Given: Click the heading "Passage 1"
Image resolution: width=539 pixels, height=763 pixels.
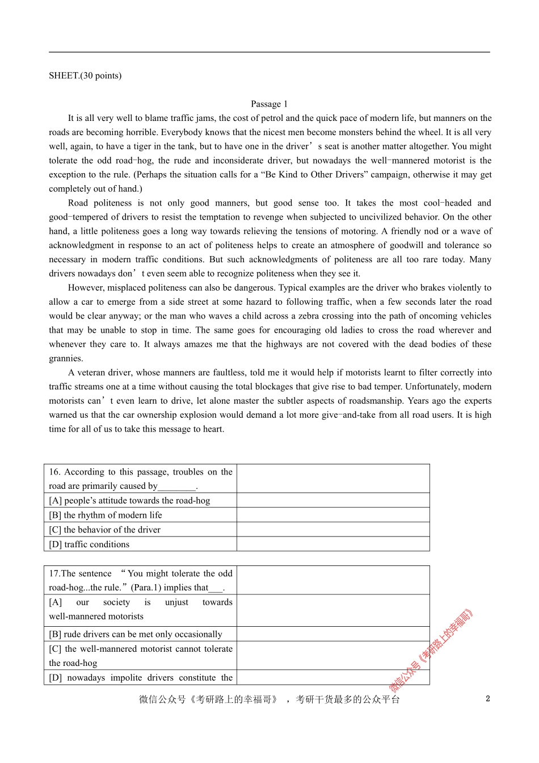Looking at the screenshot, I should pos(269,104).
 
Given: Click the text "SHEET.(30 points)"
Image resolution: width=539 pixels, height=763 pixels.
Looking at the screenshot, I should pos(85,76).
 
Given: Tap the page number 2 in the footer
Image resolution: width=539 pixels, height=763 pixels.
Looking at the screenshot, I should pos(487,699).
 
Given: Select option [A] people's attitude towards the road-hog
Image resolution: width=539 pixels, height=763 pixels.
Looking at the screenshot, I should pos(129,501).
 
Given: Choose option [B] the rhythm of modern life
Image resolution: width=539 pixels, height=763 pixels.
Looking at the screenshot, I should pos(106,515).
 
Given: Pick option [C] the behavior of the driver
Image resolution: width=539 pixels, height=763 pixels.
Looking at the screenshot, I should pos(105,530).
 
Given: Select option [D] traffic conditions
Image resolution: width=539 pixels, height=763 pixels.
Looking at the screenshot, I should pos(89,544).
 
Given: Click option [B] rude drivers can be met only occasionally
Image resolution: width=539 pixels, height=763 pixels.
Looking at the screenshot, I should pos(136,634).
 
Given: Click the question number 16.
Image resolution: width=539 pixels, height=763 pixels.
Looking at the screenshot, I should pos(54,472).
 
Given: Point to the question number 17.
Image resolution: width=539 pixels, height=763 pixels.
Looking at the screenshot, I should pos(54,573).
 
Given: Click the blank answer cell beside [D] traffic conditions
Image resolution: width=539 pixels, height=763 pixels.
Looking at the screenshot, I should pos(333,544).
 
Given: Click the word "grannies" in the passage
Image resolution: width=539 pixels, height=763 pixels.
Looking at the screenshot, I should pos(66,358).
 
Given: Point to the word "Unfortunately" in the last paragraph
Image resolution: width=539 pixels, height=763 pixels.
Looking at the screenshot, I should pos(432,387).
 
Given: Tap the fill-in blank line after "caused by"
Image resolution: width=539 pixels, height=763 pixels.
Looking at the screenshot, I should pos(177,487).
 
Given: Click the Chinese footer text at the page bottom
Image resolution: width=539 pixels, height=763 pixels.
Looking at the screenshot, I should pos(269,699).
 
